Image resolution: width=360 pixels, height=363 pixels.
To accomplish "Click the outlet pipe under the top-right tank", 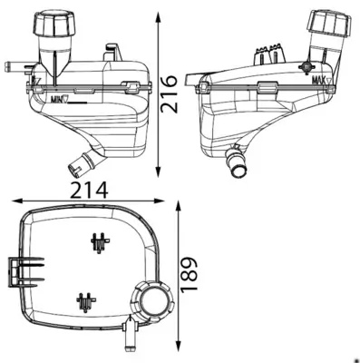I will click(x=238, y=164).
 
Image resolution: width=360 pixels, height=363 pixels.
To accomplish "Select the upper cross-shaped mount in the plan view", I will click(x=99, y=242).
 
